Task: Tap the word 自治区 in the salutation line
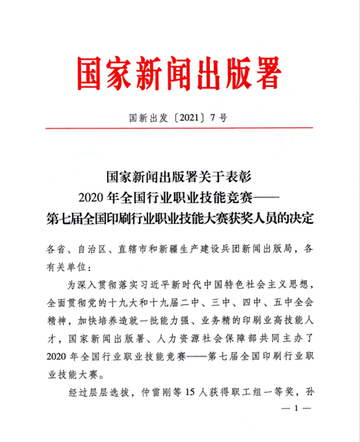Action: point(93,247)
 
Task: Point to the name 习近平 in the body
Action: point(151,285)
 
